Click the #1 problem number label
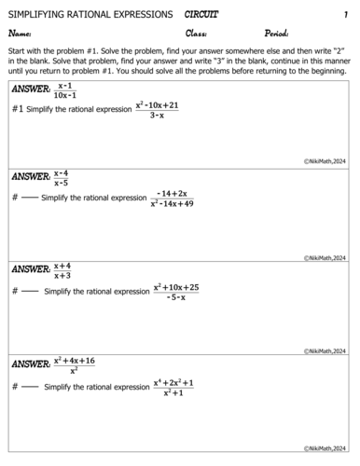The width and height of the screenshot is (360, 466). click(x=17, y=109)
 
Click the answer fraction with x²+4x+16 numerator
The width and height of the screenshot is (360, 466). click(x=74, y=363)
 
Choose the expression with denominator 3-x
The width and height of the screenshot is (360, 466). click(x=157, y=110)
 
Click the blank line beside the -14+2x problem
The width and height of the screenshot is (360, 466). click(x=30, y=199)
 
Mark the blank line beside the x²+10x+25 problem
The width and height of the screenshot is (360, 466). click(x=30, y=293)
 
